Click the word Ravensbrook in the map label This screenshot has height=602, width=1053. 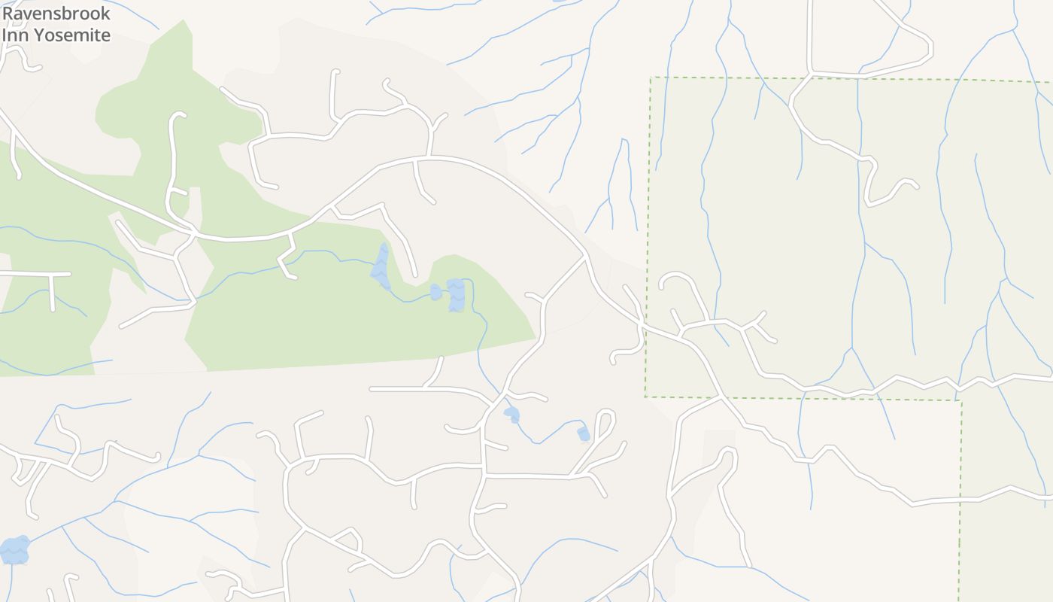[x=56, y=14]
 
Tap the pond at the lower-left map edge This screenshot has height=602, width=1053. [x=14, y=550]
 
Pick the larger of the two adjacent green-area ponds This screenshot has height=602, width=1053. [x=456, y=294]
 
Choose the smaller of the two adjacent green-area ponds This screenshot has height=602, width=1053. [x=435, y=291]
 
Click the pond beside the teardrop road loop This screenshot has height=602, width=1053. [x=584, y=433]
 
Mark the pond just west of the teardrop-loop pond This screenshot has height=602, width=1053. [x=511, y=414]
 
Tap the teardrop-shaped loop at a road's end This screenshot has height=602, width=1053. [x=605, y=418]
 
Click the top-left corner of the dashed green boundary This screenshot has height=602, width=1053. [x=651, y=77]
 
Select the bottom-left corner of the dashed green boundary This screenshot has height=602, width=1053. [x=645, y=397]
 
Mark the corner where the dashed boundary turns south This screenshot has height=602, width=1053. [x=961, y=400]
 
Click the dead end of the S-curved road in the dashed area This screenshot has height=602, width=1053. [x=916, y=185]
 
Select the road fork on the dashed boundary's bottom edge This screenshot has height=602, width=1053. [x=721, y=397]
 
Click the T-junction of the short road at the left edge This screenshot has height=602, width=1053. [x=50, y=275]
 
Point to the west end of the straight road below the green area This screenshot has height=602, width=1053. [x=372, y=389]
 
